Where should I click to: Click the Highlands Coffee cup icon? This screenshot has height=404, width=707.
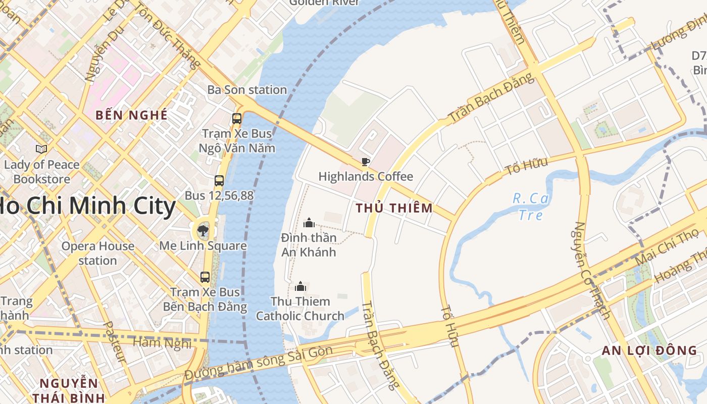pyautogui.click(x=365, y=162)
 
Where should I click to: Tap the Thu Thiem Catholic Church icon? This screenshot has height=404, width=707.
pyautogui.click(x=301, y=287)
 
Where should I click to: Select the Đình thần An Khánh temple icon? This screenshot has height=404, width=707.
pyautogui.click(x=309, y=222)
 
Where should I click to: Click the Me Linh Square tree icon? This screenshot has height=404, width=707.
pyautogui.click(x=203, y=231)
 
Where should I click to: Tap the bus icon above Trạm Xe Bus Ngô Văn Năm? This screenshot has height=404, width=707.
pyautogui.click(x=236, y=119)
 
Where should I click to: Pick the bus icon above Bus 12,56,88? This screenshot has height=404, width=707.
pyautogui.click(x=219, y=180)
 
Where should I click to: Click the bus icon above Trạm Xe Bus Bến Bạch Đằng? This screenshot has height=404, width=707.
pyautogui.click(x=205, y=277)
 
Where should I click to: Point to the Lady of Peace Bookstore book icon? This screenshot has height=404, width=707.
pyautogui.click(x=41, y=149)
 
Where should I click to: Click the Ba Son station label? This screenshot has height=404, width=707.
pyautogui.click(x=247, y=90)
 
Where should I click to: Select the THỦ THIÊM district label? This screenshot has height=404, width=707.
pyautogui.click(x=394, y=208)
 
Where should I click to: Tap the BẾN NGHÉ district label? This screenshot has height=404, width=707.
pyautogui.click(x=131, y=115)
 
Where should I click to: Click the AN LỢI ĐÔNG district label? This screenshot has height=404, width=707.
pyautogui.click(x=649, y=350)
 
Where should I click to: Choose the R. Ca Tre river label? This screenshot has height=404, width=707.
pyautogui.click(x=531, y=207)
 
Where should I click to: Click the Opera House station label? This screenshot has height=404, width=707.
pyautogui.click(x=97, y=253)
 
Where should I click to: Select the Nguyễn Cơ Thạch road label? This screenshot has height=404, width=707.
pyautogui.click(x=592, y=270)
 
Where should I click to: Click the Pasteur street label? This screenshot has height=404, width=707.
pyautogui.click(x=115, y=342)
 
